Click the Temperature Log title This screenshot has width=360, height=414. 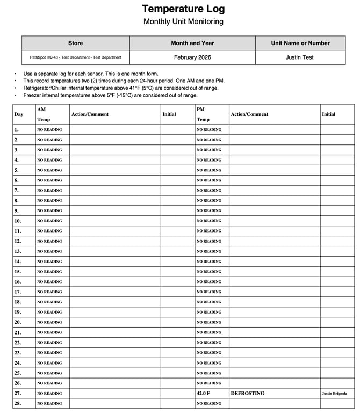coord(183,9)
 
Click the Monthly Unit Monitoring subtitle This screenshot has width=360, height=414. coord(183,22)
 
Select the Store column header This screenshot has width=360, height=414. coord(75,43)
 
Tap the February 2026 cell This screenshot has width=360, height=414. coord(192,57)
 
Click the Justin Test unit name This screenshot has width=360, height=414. coord(300,57)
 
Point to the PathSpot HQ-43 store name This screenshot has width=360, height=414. coord(75,57)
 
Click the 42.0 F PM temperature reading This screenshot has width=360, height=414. coord(205,394)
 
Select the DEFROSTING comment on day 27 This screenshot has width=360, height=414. coord(248,394)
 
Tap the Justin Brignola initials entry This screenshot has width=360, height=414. coord(335,394)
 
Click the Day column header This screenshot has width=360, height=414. coord(19,114)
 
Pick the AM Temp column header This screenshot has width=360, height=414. coord(44,114)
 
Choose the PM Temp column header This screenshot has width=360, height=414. coord(203,114)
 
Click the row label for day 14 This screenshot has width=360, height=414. coord(18,262)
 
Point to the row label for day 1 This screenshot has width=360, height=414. coord(17,129)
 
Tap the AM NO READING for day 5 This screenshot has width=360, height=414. coord(49,170)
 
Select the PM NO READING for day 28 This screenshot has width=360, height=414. coord(209,404)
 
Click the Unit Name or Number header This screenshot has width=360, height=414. coord(300,43)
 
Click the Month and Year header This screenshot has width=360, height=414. coord(192,43)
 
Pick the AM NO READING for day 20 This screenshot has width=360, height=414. coord(49,322)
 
